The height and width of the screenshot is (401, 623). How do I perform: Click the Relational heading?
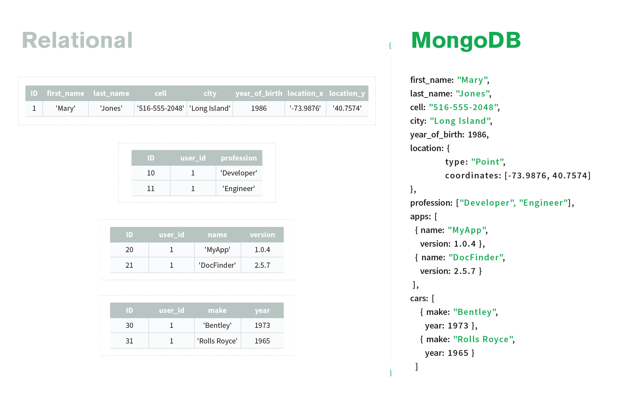coord(77,40)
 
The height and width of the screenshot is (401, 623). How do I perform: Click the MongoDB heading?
coord(466,40)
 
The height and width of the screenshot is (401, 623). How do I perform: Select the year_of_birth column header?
coord(259,94)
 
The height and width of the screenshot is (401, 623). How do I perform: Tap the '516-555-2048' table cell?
coord(160,109)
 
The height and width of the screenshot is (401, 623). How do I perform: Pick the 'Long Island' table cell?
coord(210,109)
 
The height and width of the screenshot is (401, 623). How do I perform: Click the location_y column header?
coord(347,94)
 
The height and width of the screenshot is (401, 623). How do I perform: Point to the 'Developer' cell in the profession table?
coord(239,173)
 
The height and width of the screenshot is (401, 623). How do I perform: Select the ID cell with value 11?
coord(151,189)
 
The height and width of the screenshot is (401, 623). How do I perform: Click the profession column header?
coord(238,158)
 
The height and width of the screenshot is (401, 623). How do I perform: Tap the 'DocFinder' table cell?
coord(217,265)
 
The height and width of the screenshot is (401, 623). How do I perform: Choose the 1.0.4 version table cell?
coord(262,250)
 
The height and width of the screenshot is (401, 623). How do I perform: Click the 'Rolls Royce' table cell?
coord(217,341)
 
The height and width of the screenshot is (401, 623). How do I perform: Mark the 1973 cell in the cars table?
coord(262,326)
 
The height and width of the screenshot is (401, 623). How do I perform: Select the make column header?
coord(217,311)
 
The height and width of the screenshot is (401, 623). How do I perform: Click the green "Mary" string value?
coord(472,80)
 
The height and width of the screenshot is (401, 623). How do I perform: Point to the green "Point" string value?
coord(487,162)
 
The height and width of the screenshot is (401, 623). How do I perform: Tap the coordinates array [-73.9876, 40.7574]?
coord(547,176)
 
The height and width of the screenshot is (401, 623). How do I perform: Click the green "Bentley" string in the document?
coord(474,312)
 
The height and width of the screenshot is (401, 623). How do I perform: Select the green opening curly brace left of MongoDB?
coord(390,46)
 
